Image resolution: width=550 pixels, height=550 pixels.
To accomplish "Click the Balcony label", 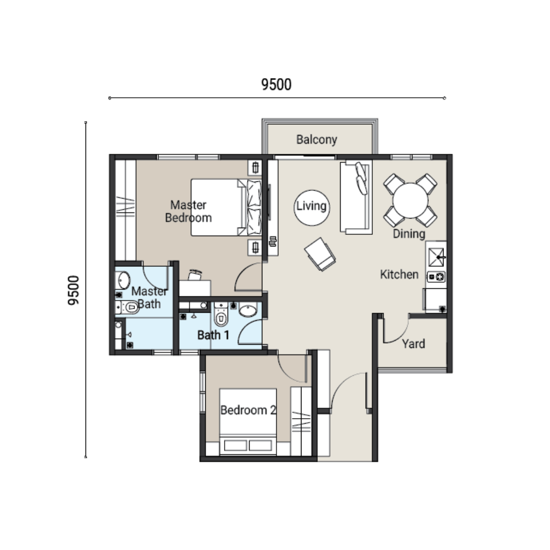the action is point(316,140).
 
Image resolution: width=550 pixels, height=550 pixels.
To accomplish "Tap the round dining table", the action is point(410,200).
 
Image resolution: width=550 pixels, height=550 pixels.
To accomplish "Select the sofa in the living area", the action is point(355,197).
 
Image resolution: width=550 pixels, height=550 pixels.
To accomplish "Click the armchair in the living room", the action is point(320,254).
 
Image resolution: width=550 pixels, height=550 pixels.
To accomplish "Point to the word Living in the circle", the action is point(312,206).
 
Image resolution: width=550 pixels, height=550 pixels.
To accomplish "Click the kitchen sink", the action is point(436,257).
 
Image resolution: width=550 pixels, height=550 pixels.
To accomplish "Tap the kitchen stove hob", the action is point(436,277).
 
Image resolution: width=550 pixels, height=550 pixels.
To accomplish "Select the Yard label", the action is point(413,343).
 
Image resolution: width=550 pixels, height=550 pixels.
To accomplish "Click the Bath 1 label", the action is point(213,335).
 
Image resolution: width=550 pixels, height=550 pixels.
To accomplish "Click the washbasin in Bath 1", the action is point(248,311).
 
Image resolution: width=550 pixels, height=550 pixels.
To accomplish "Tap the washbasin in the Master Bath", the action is point(123,281).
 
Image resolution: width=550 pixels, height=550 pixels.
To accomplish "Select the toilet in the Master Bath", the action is point(127,308).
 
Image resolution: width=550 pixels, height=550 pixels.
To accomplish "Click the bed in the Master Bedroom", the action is point(226,207).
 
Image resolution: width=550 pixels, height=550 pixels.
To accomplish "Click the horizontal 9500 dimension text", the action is point(277,85).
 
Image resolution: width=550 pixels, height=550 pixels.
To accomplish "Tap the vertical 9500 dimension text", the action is point(74,290).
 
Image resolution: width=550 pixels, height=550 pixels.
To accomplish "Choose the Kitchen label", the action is point(399,274).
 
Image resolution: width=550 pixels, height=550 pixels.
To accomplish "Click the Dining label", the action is point(409,234).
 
